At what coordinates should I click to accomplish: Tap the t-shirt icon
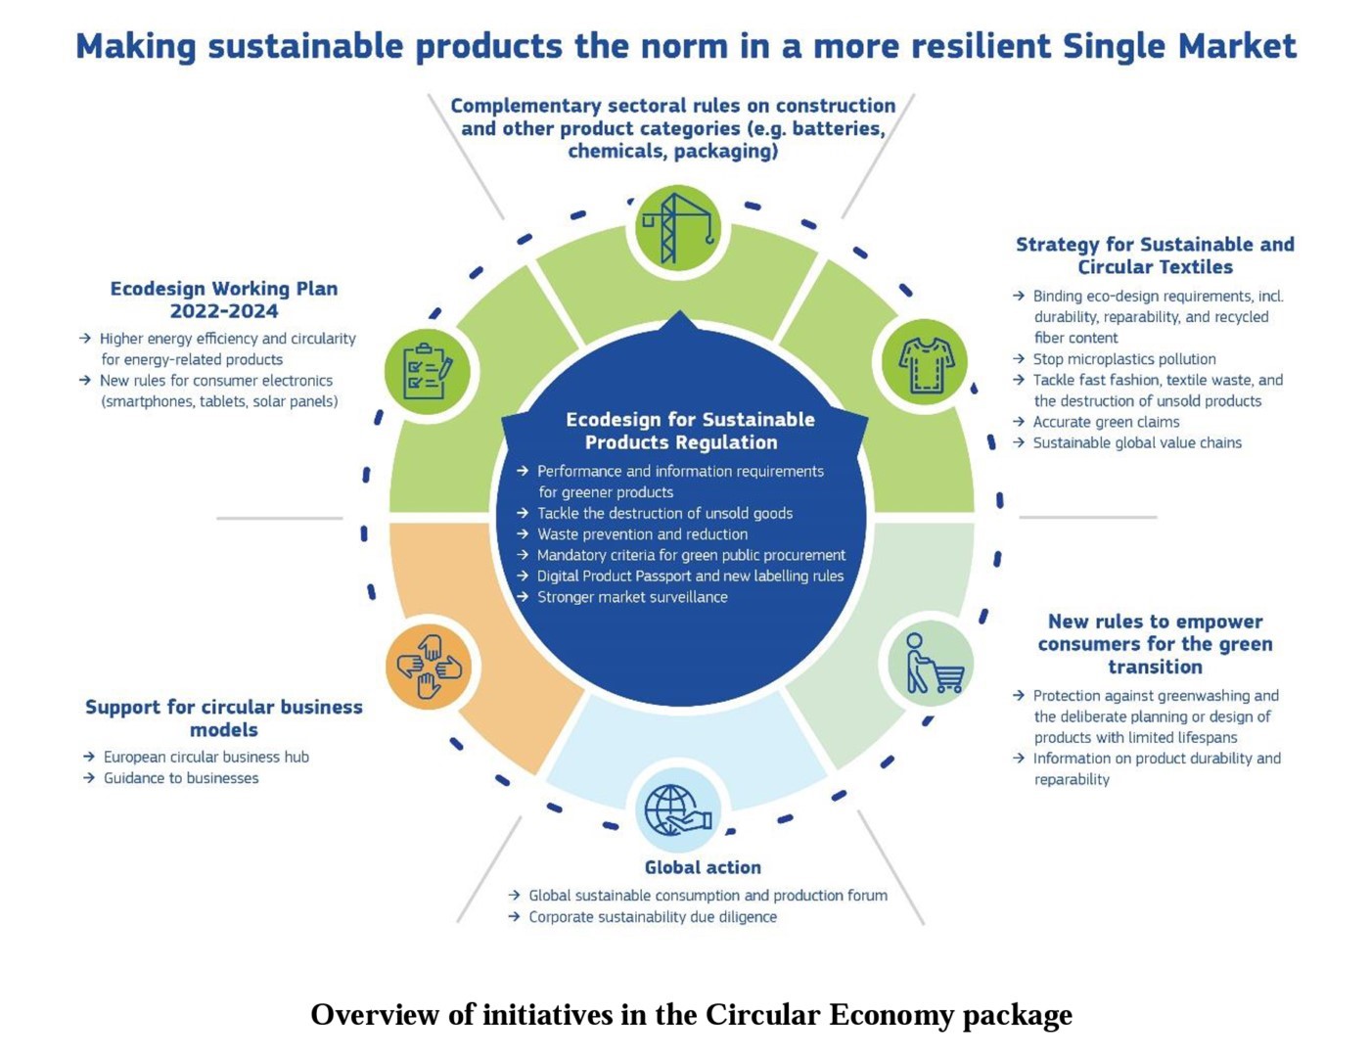click(925, 363)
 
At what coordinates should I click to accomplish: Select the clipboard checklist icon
click(428, 371)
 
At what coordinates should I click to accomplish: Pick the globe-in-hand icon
click(677, 809)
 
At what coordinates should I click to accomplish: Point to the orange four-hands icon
click(429, 667)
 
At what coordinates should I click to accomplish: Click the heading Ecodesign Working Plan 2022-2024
click(224, 300)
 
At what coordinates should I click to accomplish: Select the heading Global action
click(702, 867)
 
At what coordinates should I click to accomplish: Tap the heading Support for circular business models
click(224, 718)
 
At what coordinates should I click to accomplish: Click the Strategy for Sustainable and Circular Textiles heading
click(1155, 255)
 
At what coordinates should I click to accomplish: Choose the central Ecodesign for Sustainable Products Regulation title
click(689, 431)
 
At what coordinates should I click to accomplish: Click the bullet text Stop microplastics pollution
click(1124, 359)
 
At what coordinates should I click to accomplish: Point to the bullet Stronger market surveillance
click(632, 597)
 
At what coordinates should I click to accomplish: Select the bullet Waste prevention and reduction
click(642, 534)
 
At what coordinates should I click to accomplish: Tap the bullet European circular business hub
click(205, 757)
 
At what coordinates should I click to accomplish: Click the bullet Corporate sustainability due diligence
click(653, 917)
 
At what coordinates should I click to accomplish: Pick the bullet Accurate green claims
click(1106, 422)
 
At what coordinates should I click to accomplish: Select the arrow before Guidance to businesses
click(89, 778)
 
